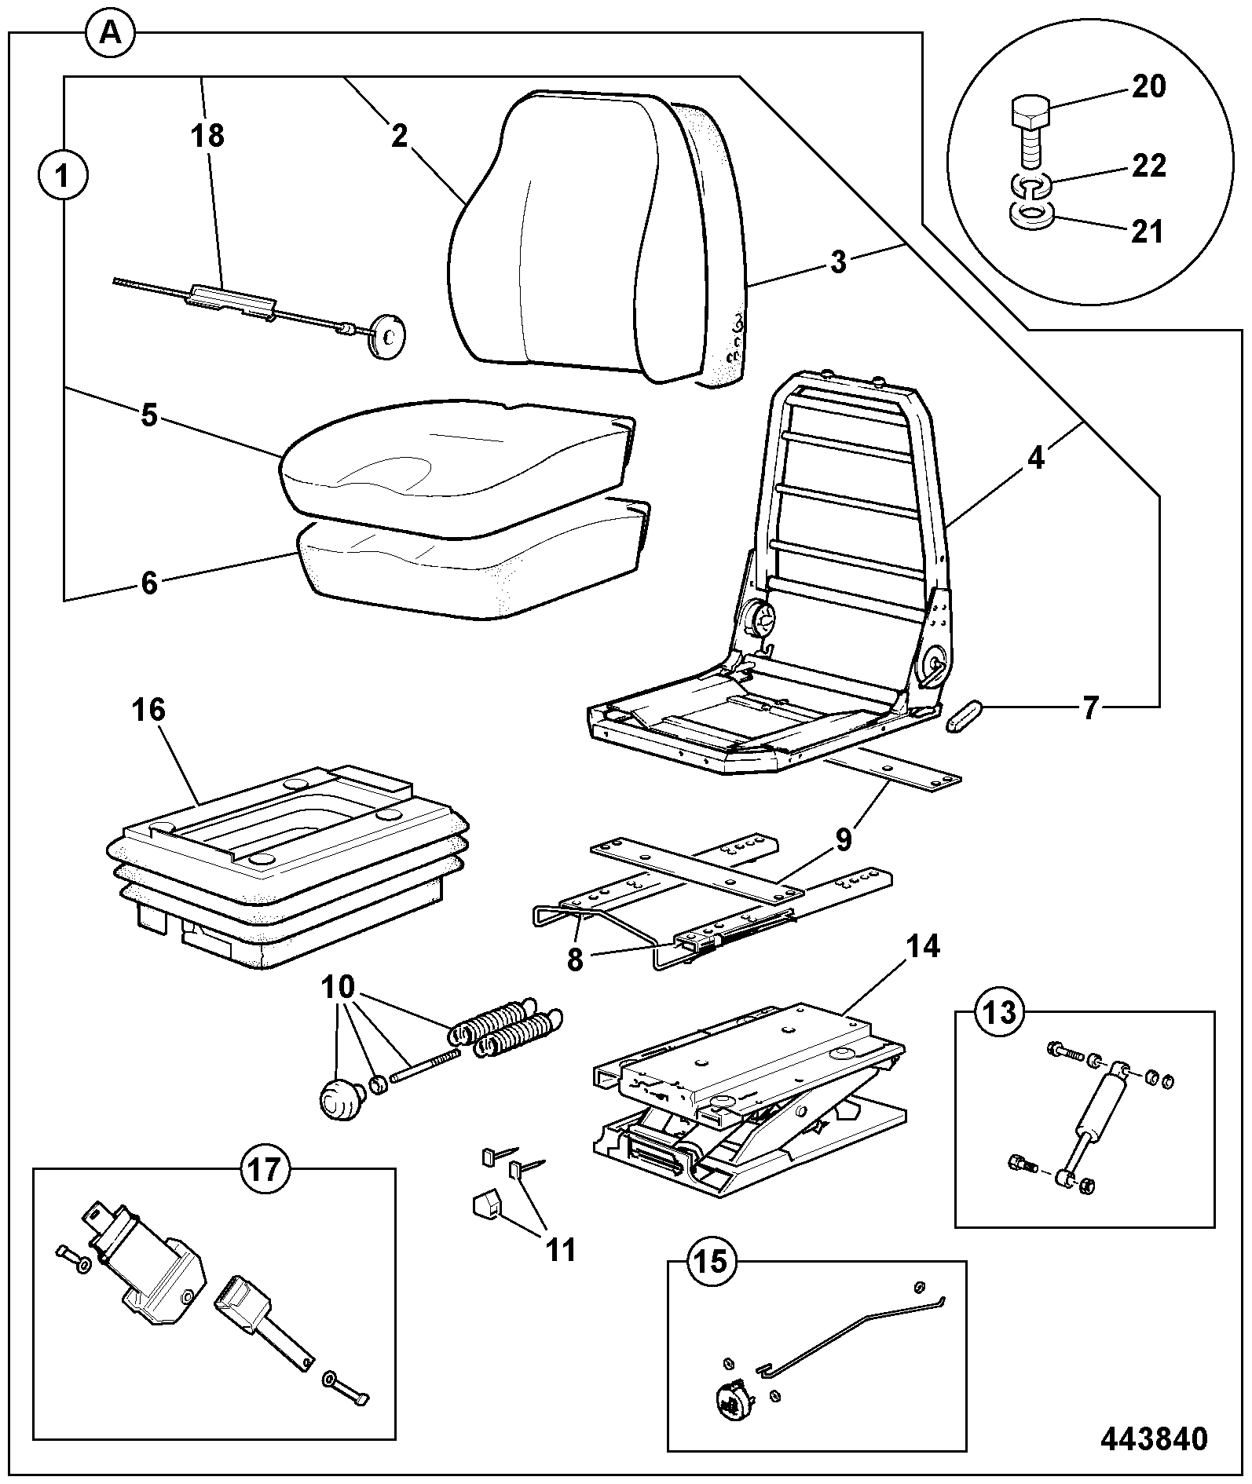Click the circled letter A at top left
pos(111,34)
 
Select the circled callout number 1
pos(63,174)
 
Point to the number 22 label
pos(1148,166)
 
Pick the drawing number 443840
pos(1154,1438)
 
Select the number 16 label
pos(148,711)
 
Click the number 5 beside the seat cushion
pos(149,415)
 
